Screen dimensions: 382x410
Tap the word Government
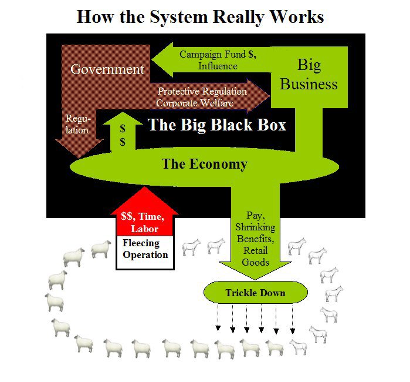[x=107, y=69]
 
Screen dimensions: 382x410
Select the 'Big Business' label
[x=309, y=74]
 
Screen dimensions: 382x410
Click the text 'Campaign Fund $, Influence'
[x=217, y=60]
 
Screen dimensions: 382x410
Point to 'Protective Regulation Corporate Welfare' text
[x=202, y=98]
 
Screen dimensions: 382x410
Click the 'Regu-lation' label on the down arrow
[x=77, y=125]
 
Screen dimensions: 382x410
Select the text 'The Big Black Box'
[x=216, y=125]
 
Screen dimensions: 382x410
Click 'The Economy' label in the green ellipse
[x=204, y=164]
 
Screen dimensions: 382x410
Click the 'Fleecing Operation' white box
[x=145, y=249]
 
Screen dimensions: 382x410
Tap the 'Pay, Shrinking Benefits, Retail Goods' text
[x=255, y=239]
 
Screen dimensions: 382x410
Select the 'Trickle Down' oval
[x=255, y=293]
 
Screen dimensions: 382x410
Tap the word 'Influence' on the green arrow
[x=218, y=66]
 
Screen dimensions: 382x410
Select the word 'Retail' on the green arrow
[x=255, y=251]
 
